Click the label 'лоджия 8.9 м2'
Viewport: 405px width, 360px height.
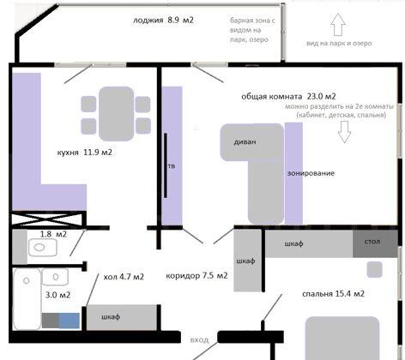coord(163,19)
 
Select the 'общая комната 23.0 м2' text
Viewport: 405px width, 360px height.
coord(287,97)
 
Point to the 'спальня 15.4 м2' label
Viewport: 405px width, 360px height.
coord(333,294)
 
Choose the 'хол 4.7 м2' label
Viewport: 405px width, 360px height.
coord(123,277)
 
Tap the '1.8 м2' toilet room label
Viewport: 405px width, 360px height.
coord(53,233)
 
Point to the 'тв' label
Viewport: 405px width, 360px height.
coord(172,166)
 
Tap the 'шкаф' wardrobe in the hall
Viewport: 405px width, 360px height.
coord(111,317)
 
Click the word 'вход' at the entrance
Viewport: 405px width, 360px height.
coord(199,340)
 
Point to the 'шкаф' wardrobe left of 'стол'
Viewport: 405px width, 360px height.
coord(294,243)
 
